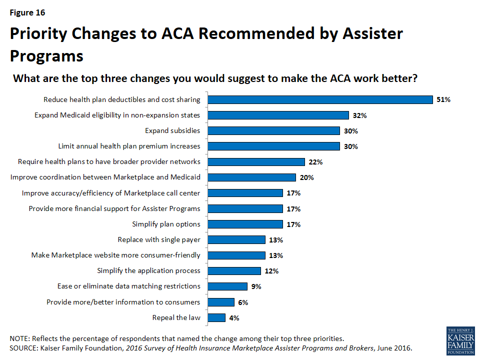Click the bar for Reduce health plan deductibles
click(320, 99)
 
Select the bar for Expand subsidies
click(273, 131)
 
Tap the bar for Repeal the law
click(216, 317)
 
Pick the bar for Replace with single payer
click(236, 239)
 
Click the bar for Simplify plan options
click(245, 224)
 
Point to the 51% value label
click(443, 99)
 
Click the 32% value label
click(359, 115)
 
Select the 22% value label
click(315, 162)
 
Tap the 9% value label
click(256, 286)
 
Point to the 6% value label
click(243, 302)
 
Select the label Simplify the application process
click(148, 270)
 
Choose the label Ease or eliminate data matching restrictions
click(129, 286)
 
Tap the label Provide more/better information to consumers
click(123, 302)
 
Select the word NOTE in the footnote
click(20, 338)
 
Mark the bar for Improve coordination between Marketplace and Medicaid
click(251, 177)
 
